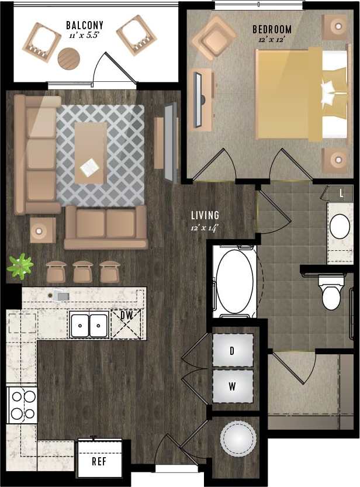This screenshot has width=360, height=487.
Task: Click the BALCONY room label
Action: pos(85,25)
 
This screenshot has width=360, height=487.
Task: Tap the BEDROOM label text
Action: pos(272,29)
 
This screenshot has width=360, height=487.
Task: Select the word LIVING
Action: pos(205,215)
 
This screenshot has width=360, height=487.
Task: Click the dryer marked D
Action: pos(233,351)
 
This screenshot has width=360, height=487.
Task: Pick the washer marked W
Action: pos(233,386)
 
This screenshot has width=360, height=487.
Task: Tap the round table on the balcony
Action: pos(69,58)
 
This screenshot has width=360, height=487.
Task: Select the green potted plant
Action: pos(20,266)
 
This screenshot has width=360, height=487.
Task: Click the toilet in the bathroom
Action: pos(331,295)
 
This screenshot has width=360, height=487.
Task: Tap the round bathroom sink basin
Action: pos(340,226)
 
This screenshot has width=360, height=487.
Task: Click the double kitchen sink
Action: pos(89,325)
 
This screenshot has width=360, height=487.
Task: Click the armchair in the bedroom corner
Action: pos(214,37)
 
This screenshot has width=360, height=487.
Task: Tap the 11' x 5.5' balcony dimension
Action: pos(85,36)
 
